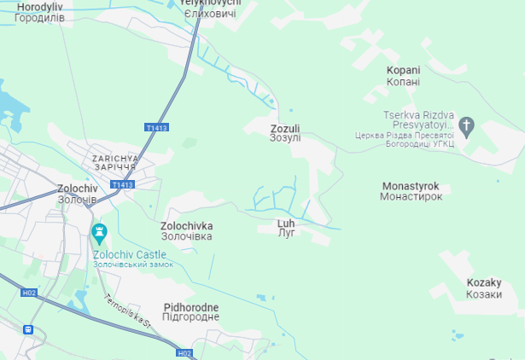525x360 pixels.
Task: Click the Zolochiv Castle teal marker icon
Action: [x=100, y=232]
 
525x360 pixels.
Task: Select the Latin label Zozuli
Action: [x=285, y=129]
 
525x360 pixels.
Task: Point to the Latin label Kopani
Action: [x=403, y=71]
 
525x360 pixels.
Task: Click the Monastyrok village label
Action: [x=411, y=186]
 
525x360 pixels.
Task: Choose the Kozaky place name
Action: [x=484, y=282]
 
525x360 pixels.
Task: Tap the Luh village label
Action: [x=286, y=224]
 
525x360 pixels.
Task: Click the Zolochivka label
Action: [x=186, y=226]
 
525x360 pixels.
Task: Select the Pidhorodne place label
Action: [x=191, y=307]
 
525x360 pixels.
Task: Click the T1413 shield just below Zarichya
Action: [x=124, y=184]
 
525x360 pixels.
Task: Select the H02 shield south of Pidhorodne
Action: [x=185, y=353]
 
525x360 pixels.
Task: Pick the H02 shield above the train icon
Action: [x=30, y=293]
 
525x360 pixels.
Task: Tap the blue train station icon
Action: [x=29, y=329]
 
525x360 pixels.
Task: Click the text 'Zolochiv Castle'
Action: [x=130, y=254]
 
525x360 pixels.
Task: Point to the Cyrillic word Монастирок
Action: [x=411, y=196]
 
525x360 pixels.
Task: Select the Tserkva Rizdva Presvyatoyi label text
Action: [x=417, y=119]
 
